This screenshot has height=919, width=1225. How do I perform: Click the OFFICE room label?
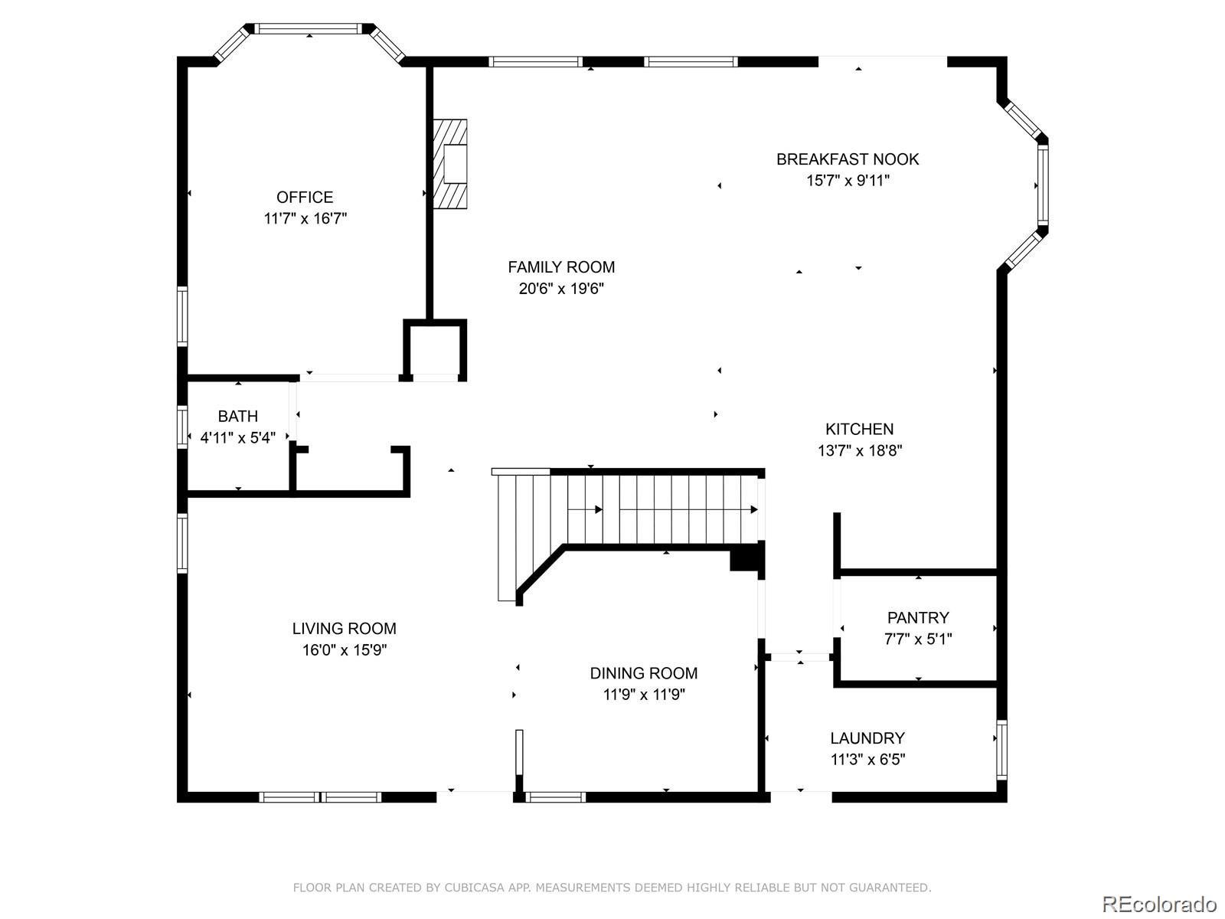(305, 198)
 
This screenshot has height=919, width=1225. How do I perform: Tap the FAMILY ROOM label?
(561, 267)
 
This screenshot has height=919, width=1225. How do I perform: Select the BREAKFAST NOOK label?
(848, 159)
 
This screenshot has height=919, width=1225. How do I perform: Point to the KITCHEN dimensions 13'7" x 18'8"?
(860, 450)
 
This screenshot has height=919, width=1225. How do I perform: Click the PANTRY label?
(918, 618)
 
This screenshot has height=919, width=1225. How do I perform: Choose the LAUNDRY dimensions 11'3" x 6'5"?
(867, 760)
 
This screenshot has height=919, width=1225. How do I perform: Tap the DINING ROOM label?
(643, 673)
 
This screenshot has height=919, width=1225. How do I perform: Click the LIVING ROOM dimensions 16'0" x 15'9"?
(345, 650)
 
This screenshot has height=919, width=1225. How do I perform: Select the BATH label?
(238, 417)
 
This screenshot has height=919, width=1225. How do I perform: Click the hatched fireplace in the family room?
(450, 164)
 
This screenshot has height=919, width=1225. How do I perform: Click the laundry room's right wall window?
(1001, 750)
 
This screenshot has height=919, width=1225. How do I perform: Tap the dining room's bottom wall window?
(555, 796)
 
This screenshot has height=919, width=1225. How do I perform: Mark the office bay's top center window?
(309, 28)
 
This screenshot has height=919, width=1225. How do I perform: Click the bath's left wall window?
(182, 427)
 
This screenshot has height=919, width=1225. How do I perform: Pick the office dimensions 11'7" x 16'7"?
(305, 218)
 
